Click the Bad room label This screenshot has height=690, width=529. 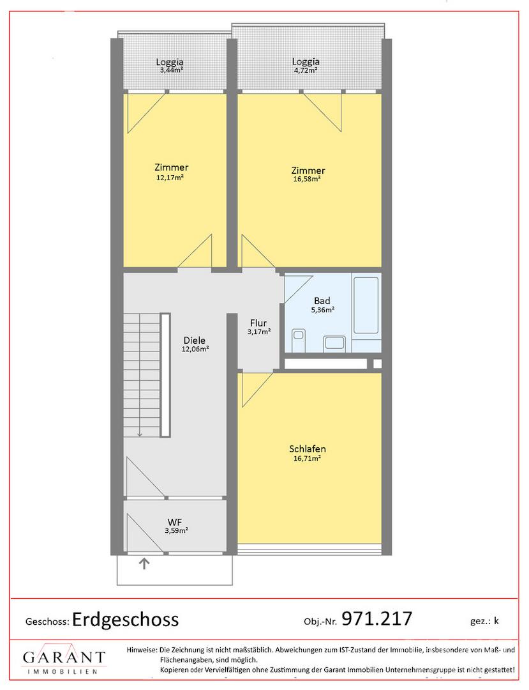point(322,301)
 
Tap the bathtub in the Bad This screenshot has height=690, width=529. point(366,305)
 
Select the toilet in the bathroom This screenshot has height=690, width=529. point(299,340)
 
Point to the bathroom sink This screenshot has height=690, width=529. point(335,343)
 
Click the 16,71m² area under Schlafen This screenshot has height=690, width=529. point(307,458)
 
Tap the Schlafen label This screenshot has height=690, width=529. point(308,449)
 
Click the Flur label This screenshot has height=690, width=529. point(258,323)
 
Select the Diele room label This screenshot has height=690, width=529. point(195,341)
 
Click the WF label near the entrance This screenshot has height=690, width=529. point(175,523)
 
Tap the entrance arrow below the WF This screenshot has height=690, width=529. point(145,563)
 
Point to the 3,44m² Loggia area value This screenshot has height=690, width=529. point(170,70)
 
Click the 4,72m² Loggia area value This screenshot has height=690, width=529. point(306,70)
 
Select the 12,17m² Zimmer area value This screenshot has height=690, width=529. point(170,178)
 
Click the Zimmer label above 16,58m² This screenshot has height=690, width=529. point(308,171)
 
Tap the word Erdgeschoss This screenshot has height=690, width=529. point(126,620)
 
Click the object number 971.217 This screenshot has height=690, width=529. point(377,618)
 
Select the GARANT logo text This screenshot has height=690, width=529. point(64,658)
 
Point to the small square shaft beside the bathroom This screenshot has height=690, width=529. point(377,364)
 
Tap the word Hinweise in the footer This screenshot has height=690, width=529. point(142,650)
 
